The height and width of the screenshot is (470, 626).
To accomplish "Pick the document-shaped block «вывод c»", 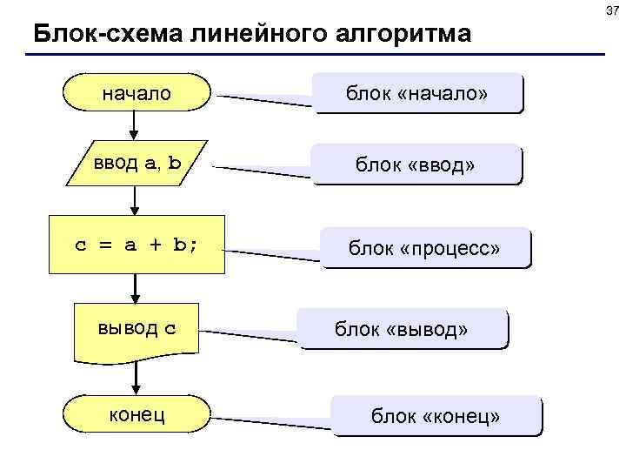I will [137, 329].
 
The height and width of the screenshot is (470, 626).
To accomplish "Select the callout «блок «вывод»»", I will [402, 329].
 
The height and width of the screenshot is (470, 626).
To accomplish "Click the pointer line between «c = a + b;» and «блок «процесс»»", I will [273, 255].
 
